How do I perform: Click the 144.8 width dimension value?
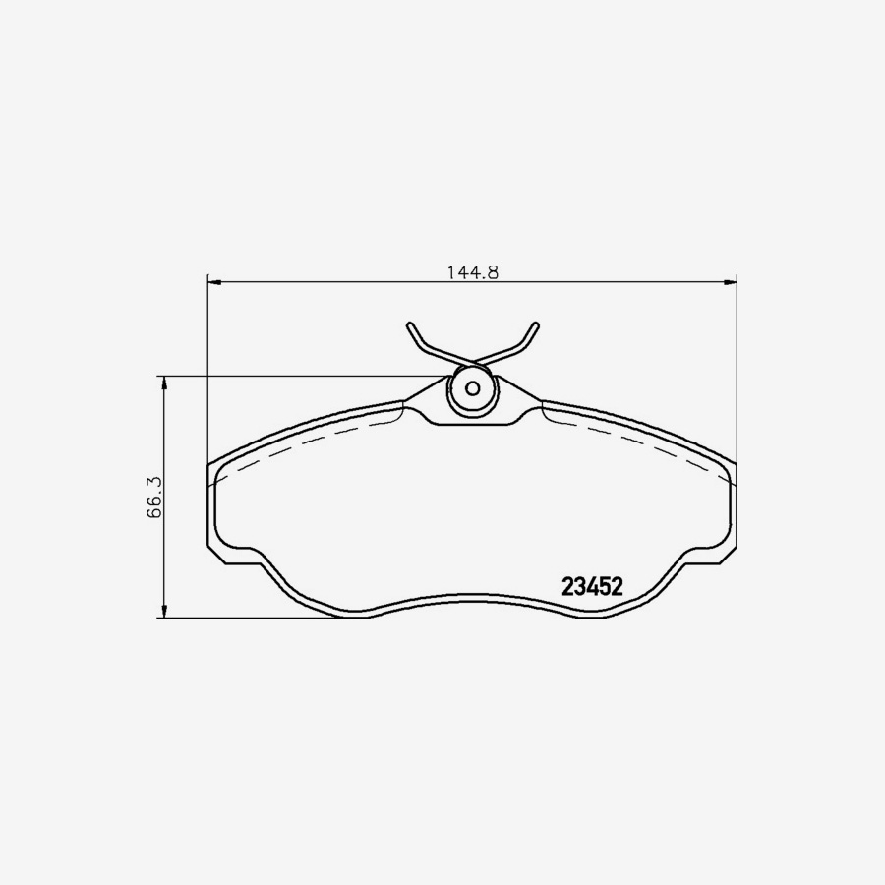coord(473,272)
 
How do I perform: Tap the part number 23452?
coord(592,587)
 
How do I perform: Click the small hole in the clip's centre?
coord(472,387)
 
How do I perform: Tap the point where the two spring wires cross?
coord(473,360)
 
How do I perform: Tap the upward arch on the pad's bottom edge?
coord(473,596)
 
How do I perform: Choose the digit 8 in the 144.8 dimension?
coord(495,272)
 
